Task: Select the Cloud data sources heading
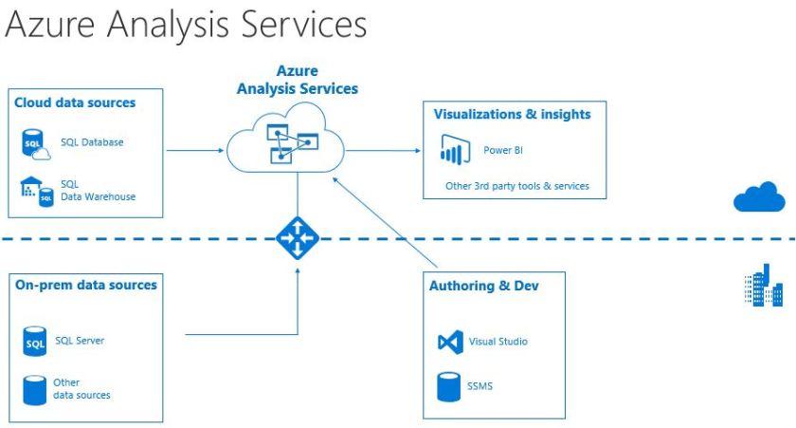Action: [75, 102]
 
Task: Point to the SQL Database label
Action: [92, 142]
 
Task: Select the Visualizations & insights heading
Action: [512, 114]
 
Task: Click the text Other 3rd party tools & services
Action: [516, 186]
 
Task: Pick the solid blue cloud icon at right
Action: [759, 197]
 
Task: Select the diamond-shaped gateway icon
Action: [298, 238]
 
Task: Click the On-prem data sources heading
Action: [86, 285]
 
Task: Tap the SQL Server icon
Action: [35, 341]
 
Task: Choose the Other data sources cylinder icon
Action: [35, 389]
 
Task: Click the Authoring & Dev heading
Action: [484, 286]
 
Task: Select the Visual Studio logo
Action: [450, 342]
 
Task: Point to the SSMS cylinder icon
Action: [449, 387]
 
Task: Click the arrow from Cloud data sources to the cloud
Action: [194, 149]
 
